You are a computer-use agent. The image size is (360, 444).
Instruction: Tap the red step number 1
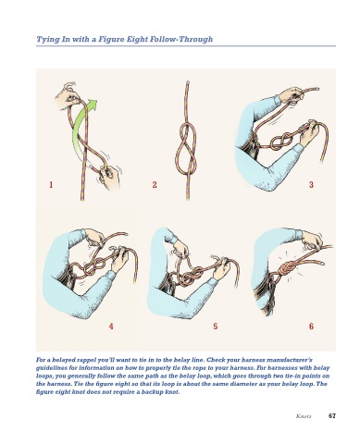[x=51, y=185]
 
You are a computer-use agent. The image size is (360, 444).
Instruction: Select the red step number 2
[x=155, y=185]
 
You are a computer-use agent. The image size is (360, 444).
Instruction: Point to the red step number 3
[x=311, y=185]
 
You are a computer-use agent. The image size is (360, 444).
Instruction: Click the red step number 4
[x=111, y=326]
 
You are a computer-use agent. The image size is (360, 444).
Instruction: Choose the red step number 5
[x=216, y=326]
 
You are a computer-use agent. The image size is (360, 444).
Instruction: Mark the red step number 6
[x=311, y=326]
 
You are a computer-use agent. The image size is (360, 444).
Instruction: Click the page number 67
[x=332, y=415]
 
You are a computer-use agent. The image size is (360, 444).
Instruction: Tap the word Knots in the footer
[x=304, y=416]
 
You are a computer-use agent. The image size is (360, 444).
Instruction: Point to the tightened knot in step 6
[x=286, y=269]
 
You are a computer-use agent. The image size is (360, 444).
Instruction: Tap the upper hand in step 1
[x=68, y=93]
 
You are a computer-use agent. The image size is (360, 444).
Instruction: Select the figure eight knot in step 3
[x=282, y=141]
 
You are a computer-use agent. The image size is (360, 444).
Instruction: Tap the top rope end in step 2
[x=188, y=82]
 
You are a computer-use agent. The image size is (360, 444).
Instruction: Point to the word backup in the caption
[x=152, y=392]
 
